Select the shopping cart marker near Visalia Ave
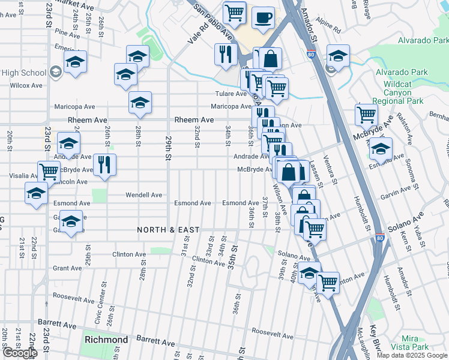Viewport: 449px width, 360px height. tap(49, 171)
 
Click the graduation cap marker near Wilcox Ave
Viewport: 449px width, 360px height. tap(75, 61)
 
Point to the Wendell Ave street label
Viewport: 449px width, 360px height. tap(143, 195)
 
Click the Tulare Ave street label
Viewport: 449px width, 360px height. tap(231, 94)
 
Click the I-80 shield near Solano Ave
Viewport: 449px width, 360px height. tap(380, 238)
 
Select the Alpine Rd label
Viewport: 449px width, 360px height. tap(330, 28)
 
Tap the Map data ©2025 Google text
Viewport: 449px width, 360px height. tap(411, 355)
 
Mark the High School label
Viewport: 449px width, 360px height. tap(24, 73)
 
